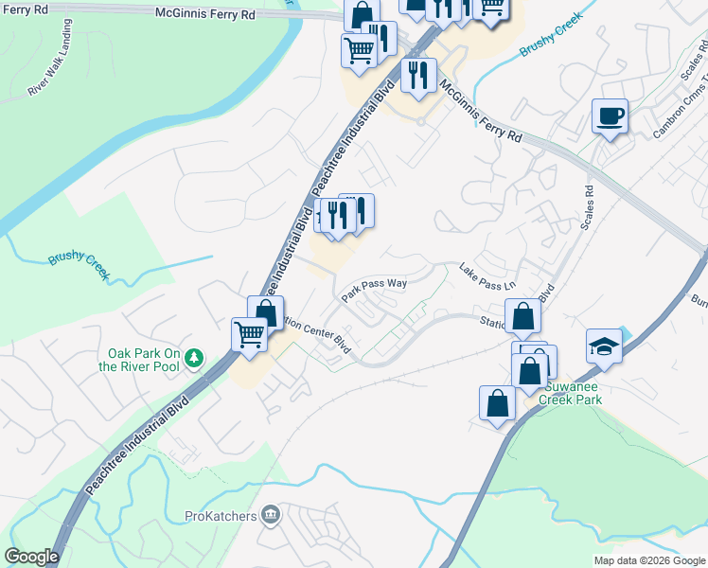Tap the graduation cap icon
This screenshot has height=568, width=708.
pyautogui.click(x=603, y=346)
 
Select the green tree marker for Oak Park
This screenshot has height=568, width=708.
pyautogui.click(x=194, y=357)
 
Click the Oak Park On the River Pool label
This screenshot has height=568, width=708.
pyautogui.click(x=142, y=359)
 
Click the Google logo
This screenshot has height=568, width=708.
pyautogui.click(x=31, y=557)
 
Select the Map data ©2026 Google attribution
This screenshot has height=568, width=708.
pyautogui.click(x=648, y=560)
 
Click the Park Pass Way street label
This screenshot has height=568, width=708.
pyautogui.click(x=374, y=288)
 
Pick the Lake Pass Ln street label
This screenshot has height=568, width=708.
pyautogui.click(x=487, y=276)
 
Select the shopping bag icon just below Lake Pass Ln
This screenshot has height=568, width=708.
pyautogui.click(x=522, y=318)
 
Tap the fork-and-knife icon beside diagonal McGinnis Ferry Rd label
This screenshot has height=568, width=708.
pyautogui.click(x=418, y=74)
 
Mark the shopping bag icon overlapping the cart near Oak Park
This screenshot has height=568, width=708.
pyautogui.click(x=266, y=312)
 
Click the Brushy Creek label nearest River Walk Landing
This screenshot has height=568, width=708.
pyautogui.click(x=80, y=258)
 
